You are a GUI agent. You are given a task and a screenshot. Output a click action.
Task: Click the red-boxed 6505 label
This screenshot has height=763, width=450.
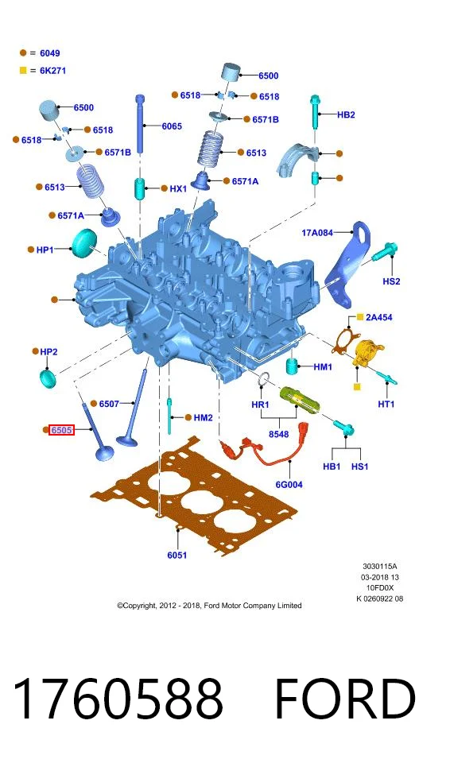point(61,430)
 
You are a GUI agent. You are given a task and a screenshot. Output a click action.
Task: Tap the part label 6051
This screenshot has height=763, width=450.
point(177,556)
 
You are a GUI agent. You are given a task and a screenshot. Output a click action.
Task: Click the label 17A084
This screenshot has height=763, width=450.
point(317,233)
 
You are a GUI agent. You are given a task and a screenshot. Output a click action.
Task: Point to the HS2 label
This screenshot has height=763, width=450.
point(391,281)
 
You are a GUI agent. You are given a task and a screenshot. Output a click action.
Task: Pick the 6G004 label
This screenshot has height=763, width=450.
point(289,485)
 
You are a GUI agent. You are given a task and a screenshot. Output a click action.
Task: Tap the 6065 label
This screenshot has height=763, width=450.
point(172,126)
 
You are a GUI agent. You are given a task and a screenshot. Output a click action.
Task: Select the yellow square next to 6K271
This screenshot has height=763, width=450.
point(23,71)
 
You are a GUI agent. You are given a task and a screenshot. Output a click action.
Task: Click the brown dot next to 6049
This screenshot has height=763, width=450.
point(23,53)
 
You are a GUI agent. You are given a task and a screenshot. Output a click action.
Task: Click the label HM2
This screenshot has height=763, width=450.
point(203,417)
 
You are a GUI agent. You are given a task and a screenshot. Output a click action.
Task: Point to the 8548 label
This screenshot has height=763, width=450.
point(279,434)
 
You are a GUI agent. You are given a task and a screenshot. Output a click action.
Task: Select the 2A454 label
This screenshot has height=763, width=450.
point(379,317)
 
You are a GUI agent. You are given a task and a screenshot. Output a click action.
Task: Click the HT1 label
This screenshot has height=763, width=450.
point(386,404)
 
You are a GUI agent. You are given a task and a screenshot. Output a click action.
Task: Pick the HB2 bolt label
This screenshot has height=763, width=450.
point(346,114)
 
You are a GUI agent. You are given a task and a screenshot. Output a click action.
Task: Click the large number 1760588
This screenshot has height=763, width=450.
point(118,699)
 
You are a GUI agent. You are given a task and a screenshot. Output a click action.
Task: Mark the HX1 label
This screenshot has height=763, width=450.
point(178,188)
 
